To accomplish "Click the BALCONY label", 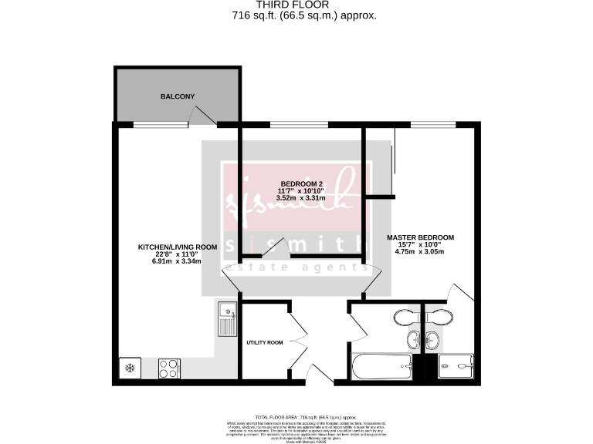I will pyautogui.click(x=177, y=96).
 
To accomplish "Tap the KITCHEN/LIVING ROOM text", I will pyautogui.click(x=177, y=247).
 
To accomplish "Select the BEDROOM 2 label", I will pyautogui.click(x=300, y=183).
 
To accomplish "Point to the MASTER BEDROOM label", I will pyautogui.click(x=420, y=237).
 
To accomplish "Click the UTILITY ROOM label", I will pyautogui.click(x=265, y=342).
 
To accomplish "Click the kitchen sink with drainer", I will pyautogui.click(x=226, y=318).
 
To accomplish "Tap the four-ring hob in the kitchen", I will pyautogui.click(x=169, y=368).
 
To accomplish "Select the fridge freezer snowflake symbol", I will pyautogui.click(x=130, y=368).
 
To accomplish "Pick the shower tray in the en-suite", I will pyautogui.click(x=456, y=367).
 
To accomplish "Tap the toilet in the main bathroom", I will pyautogui.click(x=405, y=317).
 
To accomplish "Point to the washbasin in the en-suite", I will pyautogui.click(x=432, y=339).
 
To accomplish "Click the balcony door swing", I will pyautogui.click(x=201, y=116).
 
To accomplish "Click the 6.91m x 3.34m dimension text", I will pyautogui.click(x=177, y=261).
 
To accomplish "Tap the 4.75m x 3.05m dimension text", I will pyautogui.click(x=420, y=251).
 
